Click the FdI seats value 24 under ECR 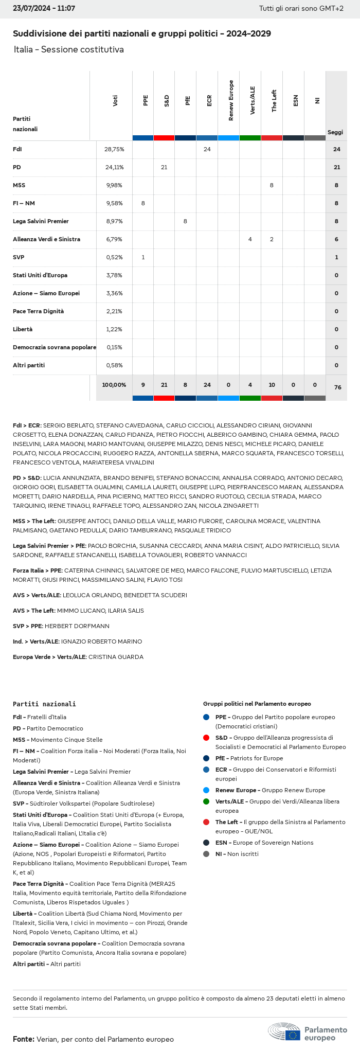[x=207, y=149]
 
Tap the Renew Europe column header [x=231, y=101]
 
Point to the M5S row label [x=20, y=185]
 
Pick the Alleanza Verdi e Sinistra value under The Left [x=272, y=239]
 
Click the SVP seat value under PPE [x=143, y=257]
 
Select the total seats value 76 [x=337, y=387]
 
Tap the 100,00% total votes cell [x=114, y=385]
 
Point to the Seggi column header [x=335, y=132]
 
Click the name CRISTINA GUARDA [x=116, y=657]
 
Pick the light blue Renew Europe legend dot [x=206, y=790]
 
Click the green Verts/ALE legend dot [x=206, y=801]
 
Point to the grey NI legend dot [x=206, y=854]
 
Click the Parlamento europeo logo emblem [x=284, y=1031]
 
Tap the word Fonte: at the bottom [x=24, y=1039]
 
